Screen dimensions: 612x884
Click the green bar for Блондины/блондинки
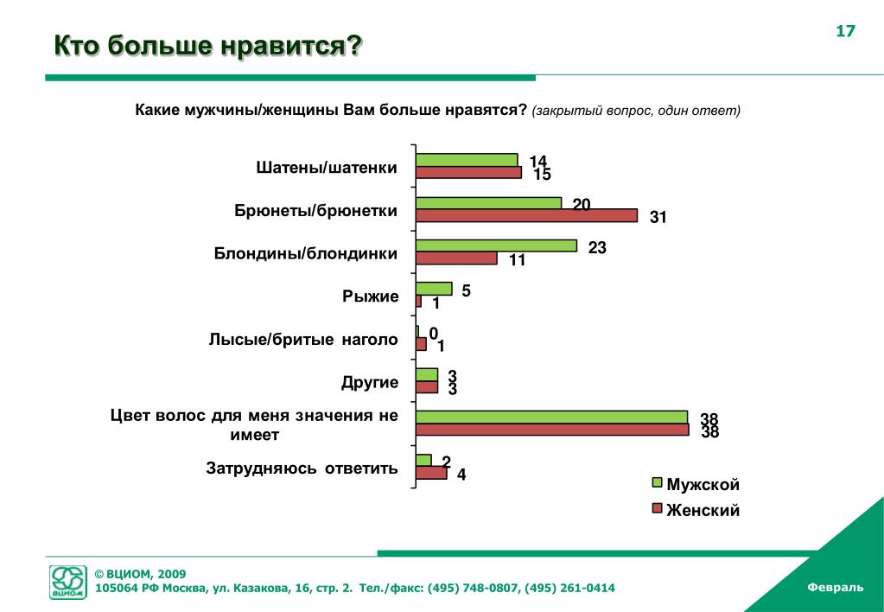click(x=496, y=245)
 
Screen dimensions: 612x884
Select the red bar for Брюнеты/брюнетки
click(x=526, y=215)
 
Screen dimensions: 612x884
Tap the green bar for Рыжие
click(x=434, y=289)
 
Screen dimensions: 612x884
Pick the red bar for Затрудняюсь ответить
click(x=431, y=473)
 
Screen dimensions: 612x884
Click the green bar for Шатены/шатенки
click(x=467, y=160)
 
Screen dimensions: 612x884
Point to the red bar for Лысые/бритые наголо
click(x=422, y=344)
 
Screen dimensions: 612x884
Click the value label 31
click(x=658, y=217)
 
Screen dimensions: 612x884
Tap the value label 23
click(x=597, y=247)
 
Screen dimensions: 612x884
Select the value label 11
click(x=518, y=260)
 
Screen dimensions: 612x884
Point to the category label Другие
click(x=370, y=382)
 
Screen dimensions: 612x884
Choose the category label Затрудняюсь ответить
click(x=302, y=469)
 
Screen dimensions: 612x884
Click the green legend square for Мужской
click(x=656, y=484)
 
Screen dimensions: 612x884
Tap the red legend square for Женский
click(x=656, y=508)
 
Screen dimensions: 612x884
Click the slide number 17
click(x=844, y=32)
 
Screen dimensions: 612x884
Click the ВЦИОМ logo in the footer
click(x=68, y=582)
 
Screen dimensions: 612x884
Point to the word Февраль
click(x=835, y=587)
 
